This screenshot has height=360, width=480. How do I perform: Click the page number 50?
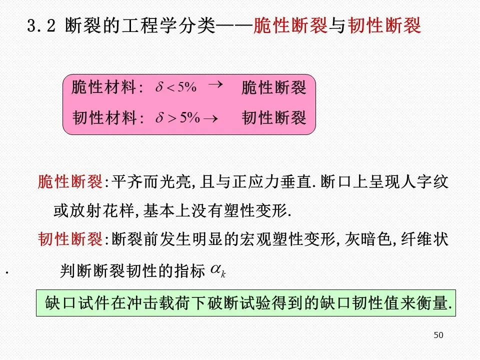[438, 335]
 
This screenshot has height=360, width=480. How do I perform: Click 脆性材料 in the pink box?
[104, 88]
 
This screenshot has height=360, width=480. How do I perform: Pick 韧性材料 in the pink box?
[104, 118]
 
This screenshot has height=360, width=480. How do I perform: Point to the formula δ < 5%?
[176, 87]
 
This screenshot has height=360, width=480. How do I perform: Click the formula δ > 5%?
[177, 118]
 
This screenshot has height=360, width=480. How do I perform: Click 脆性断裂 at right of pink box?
[273, 88]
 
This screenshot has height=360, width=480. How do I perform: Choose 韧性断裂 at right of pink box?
[273, 118]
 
